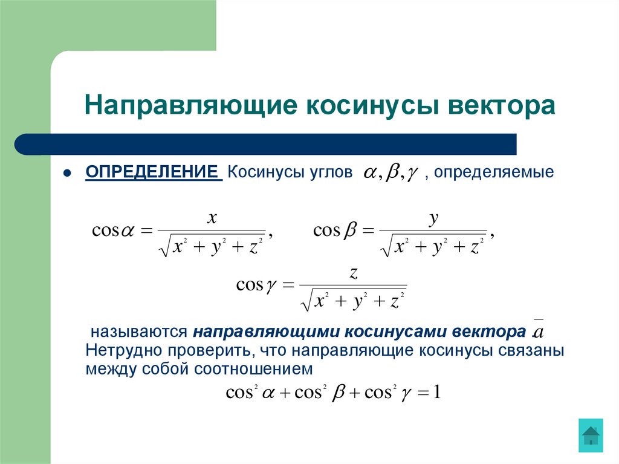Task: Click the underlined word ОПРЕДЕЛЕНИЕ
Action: click(152, 172)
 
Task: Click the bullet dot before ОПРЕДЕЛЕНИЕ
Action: click(68, 173)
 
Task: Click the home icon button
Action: click(590, 435)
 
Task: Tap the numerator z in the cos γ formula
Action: click(354, 274)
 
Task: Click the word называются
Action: click(137, 332)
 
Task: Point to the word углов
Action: click(332, 172)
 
